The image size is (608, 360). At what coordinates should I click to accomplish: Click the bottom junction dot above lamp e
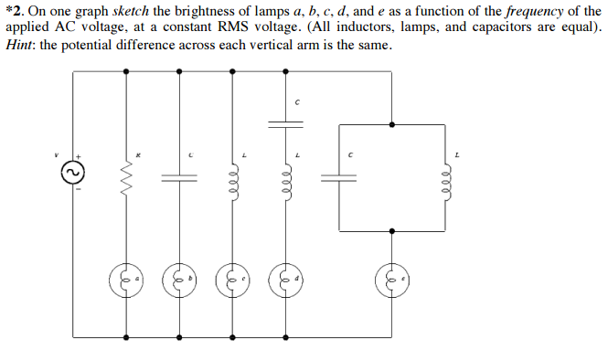click(x=393, y=232)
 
